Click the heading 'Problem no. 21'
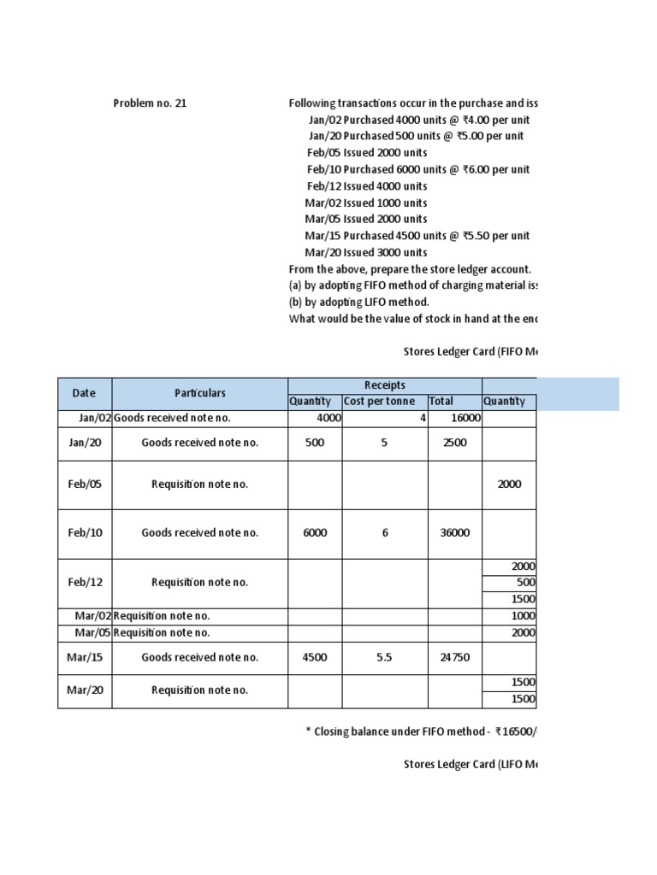pyautogui.click(x=150, y=103)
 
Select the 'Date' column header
pyautogui.click(x=84, y=393)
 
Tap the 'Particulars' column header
pyautogui.click(x=200, y=393)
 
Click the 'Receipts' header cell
pyautogui.click(x=385, y=385)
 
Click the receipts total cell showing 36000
pyautogui.click(x=454, y=532)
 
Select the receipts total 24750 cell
pyautogui.click(x=454, y=658)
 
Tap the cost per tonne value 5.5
pyautogui.click(x=385, y=658)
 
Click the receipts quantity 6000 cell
pyautogui.click(x=315, y=532)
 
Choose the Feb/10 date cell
pyautogui.click(x=85, y=532)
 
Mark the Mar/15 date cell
pyautogui.click(x=85, y=658)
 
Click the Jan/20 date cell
pyautogui.click(x=85, y=443)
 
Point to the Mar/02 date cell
pyautogui.click(x=93, y=616)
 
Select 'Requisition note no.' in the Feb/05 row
pyautogui.click(x=200, y=484)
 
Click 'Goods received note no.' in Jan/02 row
pyautogui.click(x=172, y=419)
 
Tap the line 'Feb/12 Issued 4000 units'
pyautogui.click(x=367, y=186)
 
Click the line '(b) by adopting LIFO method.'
pyautogui.click(x=359, y=302)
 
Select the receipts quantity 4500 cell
pyautogui.click(x=315, y=658)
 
